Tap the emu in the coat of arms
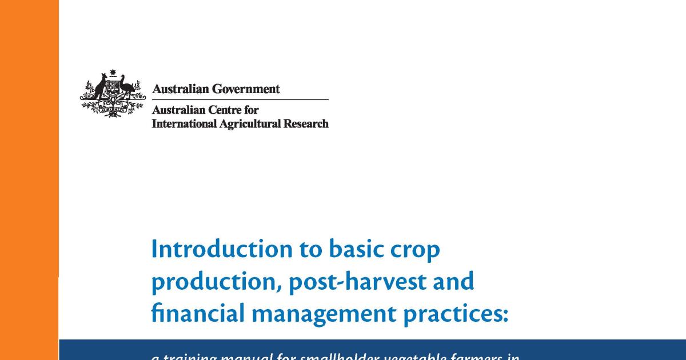126,89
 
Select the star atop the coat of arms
113,73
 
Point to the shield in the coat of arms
113,92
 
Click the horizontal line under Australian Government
240,100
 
